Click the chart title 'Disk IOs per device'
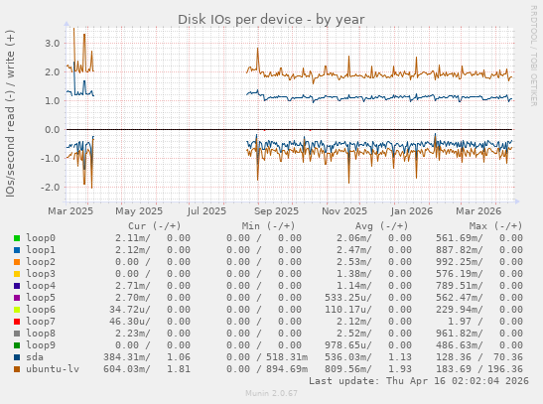click(x=270, y=19)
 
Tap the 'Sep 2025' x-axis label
click(x=276, y=210)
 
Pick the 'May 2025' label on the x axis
click(x=139, y=210)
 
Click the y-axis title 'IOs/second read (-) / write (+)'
click(x=10, y=113)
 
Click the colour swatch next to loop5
click(x=16, y=297)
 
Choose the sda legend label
click(x=37, y=356)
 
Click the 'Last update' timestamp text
click(x=419, y=380)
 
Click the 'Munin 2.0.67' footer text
click(x=271, y=394)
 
